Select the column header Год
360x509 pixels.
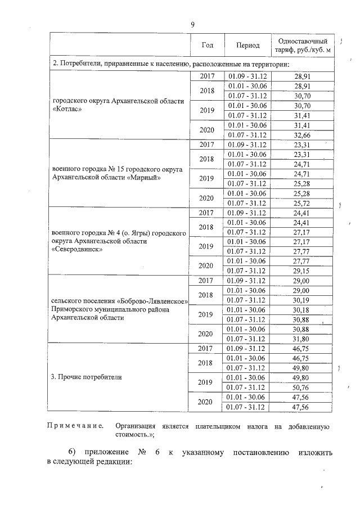point(207,45)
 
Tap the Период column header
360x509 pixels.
point(247,45)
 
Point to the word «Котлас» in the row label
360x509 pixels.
point(67,110)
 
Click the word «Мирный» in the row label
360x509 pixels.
point(143,178)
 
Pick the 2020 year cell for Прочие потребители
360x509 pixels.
point(207,402)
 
